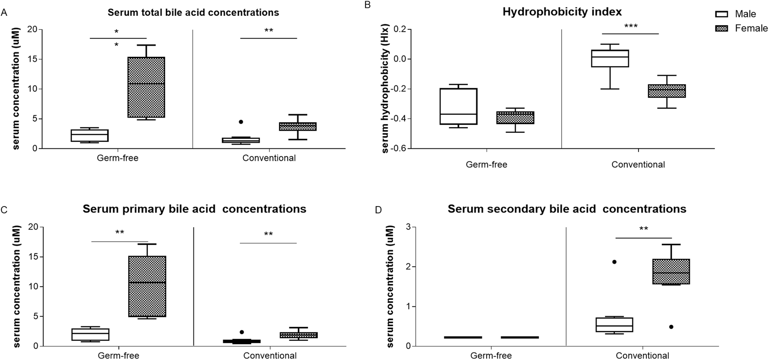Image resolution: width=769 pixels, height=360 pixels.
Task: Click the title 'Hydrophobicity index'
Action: pos(562,12)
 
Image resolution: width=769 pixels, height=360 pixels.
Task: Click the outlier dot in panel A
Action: pos(241,122)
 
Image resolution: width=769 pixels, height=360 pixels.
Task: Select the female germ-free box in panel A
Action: pos(146,87)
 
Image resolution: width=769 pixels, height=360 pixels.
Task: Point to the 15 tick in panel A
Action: pos(32,59)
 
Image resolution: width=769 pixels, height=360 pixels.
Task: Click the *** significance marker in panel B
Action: pos(631,27)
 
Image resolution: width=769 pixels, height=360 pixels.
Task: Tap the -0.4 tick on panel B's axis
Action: pos(399,118)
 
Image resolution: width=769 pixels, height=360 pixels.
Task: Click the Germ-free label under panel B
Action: pos(487,165)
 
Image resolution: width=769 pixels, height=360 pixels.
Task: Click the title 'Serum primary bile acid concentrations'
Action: pos(194,209)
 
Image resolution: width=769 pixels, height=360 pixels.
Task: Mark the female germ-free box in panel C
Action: pos(147,286)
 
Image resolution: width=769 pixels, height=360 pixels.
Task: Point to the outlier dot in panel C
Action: pos(241,332)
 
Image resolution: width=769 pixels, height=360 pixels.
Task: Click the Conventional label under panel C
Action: pos(269,356)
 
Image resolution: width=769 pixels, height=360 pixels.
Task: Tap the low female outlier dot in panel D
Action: pos(671,327)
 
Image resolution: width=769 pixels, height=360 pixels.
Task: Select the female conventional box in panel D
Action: pos(671,271)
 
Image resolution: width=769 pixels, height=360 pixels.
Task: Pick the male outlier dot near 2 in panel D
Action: pos(614,262)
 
